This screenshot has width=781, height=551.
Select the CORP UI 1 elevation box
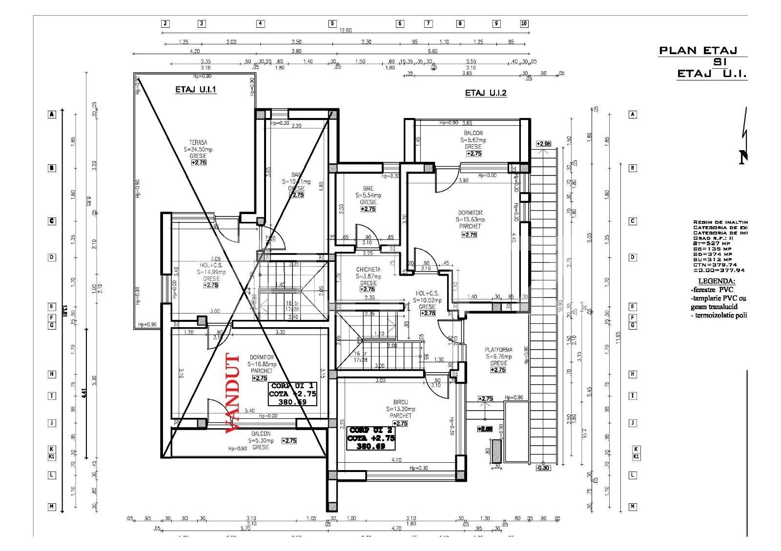292,394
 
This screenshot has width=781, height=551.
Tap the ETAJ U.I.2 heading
486,93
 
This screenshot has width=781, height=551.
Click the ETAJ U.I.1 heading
196,90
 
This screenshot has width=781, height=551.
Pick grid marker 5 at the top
332,23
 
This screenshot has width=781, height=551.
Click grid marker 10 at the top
524,23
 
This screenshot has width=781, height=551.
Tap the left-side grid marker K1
51,456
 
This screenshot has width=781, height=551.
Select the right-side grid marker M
633,507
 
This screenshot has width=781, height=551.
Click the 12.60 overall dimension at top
345,30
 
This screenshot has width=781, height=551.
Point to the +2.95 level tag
543,144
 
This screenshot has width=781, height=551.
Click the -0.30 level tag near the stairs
542,468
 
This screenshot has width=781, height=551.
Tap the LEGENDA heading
717,281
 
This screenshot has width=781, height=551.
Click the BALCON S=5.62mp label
473,140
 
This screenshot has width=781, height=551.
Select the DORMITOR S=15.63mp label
470,219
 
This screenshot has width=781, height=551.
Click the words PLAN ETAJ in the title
697,50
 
